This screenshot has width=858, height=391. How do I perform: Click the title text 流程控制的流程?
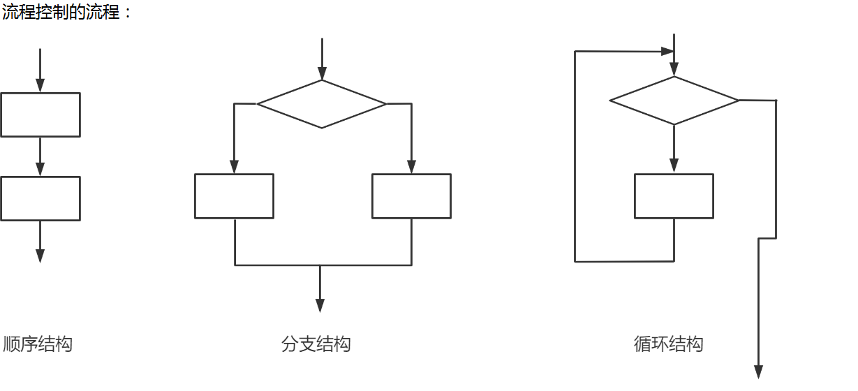[61, 12]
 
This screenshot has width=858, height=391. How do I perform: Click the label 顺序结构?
[38, 344]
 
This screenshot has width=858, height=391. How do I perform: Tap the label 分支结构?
[316, 344]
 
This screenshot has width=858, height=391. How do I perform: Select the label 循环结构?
[668, 344]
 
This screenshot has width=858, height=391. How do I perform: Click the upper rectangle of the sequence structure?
[40, 115]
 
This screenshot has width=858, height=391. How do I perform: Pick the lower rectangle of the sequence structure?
[40, 198]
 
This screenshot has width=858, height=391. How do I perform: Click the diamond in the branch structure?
[322, 104]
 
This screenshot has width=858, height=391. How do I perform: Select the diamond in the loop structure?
[674, 101]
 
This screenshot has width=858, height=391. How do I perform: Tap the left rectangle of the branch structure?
[234, 196]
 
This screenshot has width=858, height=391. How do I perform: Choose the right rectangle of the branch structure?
[411, 196]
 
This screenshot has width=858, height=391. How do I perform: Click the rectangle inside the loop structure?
[674, 196]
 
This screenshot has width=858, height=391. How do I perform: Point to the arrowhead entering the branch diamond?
[322, 73]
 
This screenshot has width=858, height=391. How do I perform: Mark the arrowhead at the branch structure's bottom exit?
[320, 305]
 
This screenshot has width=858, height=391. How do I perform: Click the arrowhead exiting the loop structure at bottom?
[759, 371]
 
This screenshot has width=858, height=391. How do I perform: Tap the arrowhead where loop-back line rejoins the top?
[668, 51]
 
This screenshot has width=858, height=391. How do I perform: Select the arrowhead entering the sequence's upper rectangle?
[40, 85]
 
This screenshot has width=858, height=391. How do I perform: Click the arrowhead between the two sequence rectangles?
[40, 169]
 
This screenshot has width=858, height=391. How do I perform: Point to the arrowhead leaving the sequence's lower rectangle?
[40, 256]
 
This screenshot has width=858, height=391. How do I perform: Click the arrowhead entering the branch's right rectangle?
[411, 167]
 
